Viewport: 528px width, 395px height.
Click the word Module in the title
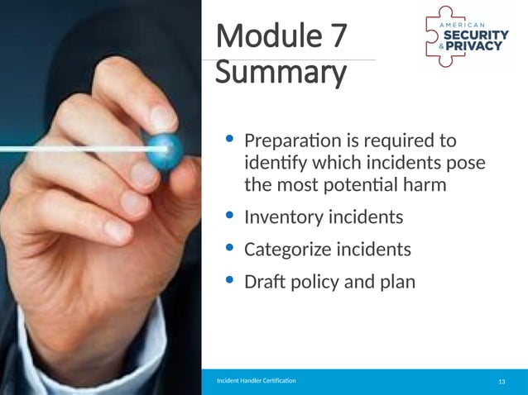(x=262, y=38)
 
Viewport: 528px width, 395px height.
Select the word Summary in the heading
(x=280, y=74)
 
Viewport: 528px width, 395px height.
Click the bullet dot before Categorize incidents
(x=229, y=249)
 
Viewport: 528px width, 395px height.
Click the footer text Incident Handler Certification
(x=256, y=381)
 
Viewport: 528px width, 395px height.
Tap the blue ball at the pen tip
(x=164, y=151)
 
